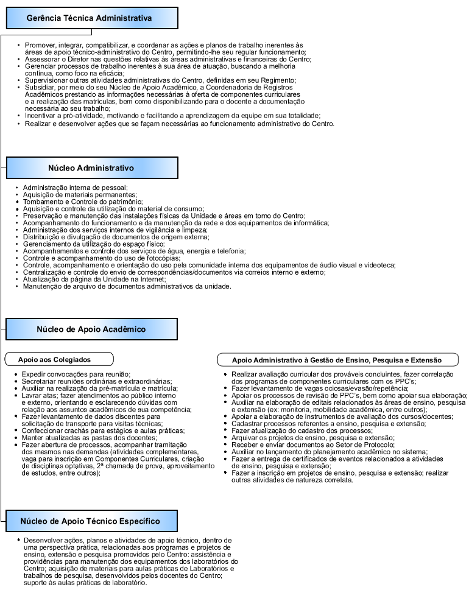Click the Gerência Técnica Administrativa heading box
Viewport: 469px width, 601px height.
pos(92,18)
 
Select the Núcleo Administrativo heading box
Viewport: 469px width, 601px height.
pos(92,167)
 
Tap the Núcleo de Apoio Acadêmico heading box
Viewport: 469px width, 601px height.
pos(92,329)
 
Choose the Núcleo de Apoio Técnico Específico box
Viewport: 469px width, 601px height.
pos(92,521)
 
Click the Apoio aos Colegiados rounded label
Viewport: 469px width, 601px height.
pos(59,359)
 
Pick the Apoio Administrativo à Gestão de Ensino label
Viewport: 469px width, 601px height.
pos(337,359)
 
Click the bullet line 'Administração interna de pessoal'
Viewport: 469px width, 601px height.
pos(75,187)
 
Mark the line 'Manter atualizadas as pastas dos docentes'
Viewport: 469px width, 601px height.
pos(90,438)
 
